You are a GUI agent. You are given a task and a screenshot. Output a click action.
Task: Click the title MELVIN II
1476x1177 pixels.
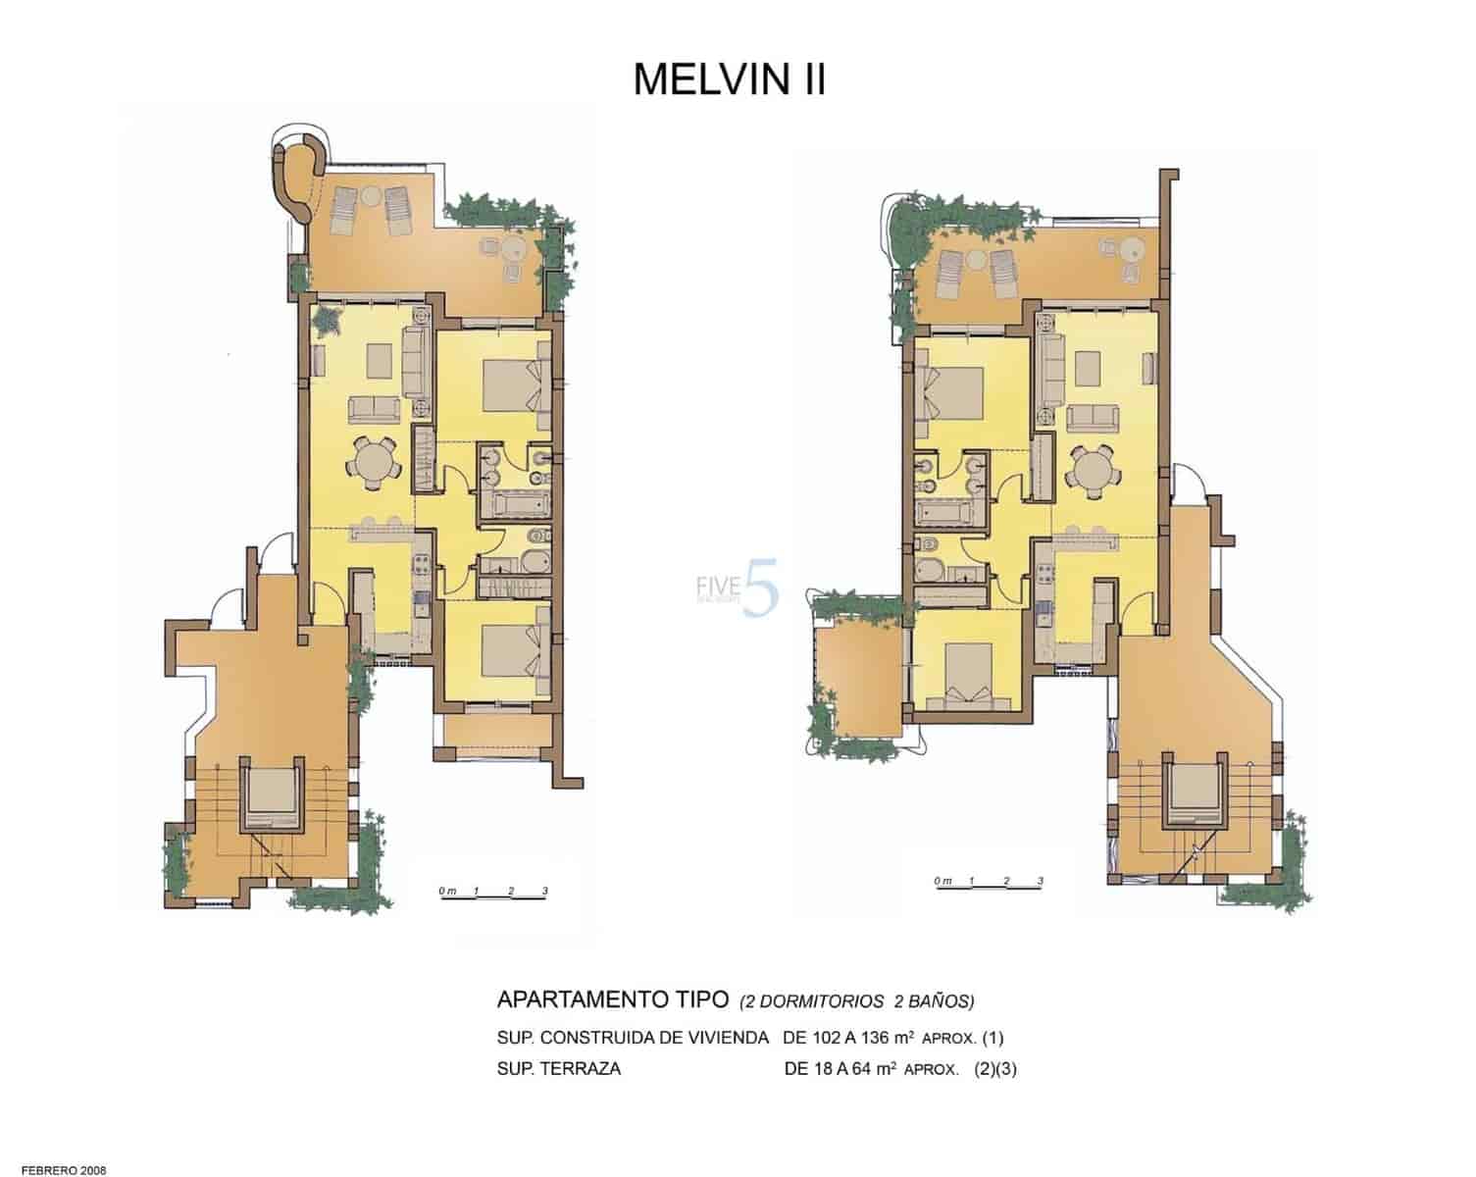point(729,79)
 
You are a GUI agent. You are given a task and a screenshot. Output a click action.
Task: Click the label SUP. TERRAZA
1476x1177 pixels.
point(559,1069)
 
